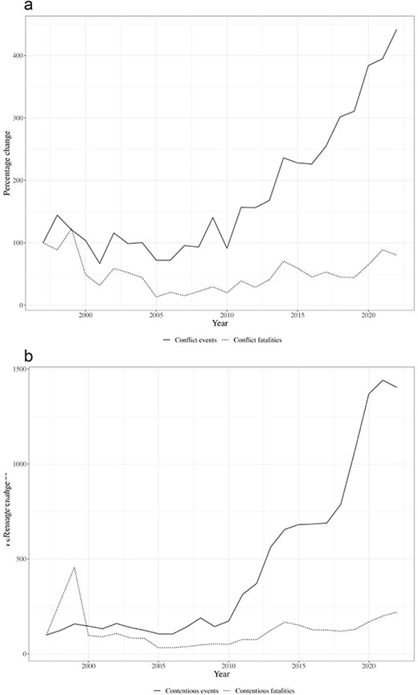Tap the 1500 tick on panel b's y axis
click(14, 369)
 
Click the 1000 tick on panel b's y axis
click(14, 464)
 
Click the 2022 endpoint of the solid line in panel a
click(397, 30)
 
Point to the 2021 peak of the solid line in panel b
click(383, 380)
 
